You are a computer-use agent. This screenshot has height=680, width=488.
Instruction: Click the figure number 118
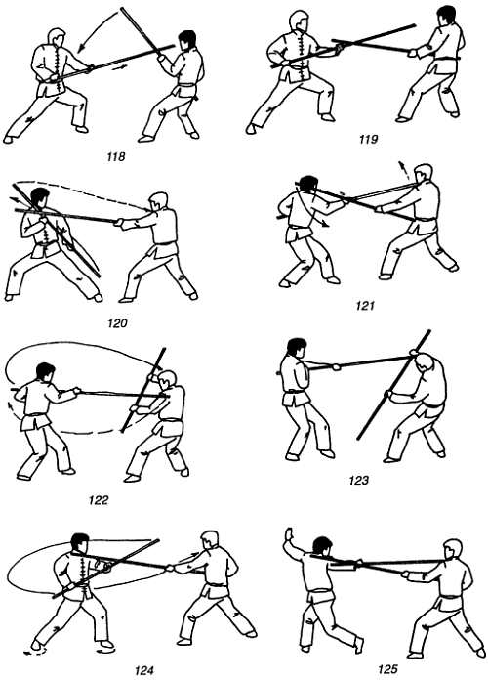coord(116,156)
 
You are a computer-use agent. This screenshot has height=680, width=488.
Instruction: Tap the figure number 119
coord(368,139)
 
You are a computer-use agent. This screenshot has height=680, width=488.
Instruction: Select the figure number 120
coord(117,323)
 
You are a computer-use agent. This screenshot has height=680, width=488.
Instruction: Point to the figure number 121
coord(365,306)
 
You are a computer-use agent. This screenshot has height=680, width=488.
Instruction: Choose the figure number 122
coord(99,500)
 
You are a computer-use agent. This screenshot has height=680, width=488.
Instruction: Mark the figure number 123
coord(358,480)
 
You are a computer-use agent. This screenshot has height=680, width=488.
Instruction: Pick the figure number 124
coord(144,670)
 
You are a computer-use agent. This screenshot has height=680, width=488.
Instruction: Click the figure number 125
coord(387,669)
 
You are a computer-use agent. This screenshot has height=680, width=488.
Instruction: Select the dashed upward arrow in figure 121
coord(403,170)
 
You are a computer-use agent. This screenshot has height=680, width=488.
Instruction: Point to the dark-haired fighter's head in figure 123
coord(297,348)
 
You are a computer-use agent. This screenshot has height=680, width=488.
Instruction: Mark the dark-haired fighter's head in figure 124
coord(80,543)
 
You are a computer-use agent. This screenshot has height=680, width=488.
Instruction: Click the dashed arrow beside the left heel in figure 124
coord(34,651)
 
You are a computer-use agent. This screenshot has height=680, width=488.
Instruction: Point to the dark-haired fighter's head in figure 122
coord(45,373)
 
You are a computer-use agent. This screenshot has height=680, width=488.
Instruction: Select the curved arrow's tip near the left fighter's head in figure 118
coord(79,52)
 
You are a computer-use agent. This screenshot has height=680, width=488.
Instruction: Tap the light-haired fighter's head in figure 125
coord(453,549)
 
